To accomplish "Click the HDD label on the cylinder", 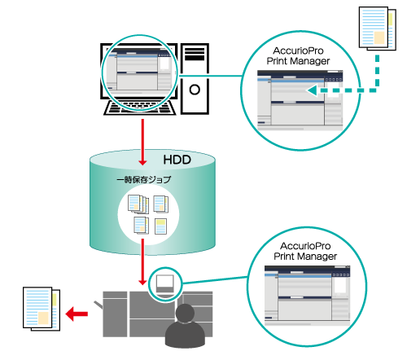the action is coord(177,160).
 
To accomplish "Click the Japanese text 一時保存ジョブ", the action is coord(144,180).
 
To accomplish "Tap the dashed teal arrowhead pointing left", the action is coord(312,90).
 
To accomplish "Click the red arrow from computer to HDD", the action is coord(142,142).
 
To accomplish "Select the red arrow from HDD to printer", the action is coord(142,262).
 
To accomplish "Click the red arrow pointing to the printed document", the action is coord(77,314).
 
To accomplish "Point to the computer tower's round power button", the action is coord(195,90).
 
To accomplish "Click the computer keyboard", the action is coord(140,108).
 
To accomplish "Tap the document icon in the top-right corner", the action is coord(378,29).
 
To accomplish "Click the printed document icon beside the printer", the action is coord(42,309).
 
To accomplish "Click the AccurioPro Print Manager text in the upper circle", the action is coord(298,56).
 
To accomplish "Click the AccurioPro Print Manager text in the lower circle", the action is coord(305,251).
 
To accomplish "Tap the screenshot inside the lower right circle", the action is coord(307,296).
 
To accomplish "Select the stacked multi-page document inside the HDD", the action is coord(138,204).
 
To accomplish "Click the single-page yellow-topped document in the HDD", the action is coord(160,226).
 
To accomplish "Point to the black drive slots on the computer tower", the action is coord(195,54).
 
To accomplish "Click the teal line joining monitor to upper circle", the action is coord(210,76).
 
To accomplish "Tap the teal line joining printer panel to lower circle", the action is coord(215,280).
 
